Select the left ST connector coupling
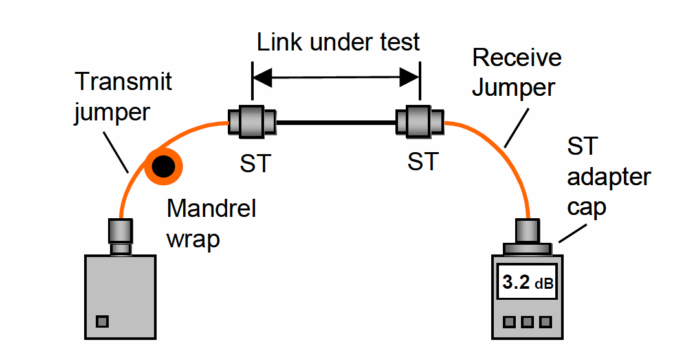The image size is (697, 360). tap(252, 120)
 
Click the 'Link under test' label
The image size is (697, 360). tap(338, 42)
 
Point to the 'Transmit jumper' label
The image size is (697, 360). tap(123, 96)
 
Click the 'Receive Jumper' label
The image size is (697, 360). tap(516, 72)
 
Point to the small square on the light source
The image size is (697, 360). tap(102, 321)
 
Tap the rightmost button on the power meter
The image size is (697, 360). tap(546, 321)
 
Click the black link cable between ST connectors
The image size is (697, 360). tap(337, 120)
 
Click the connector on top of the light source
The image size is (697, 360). tap(120, 236)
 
